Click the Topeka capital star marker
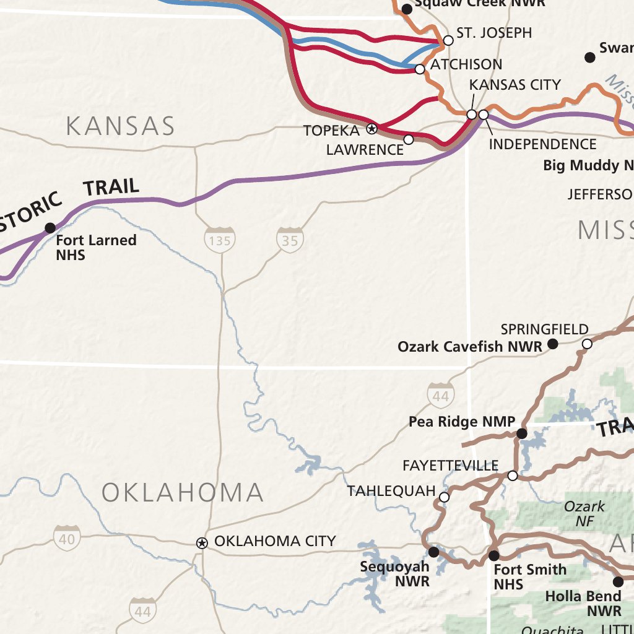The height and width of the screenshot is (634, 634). click(x=372, y=129)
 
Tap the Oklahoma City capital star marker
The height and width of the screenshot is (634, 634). click(x=202, y=543)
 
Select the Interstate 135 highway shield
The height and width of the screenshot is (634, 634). click(x=220, y=240)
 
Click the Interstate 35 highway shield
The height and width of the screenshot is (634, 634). click(x=290, y=240)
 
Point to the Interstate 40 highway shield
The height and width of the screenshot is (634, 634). click(x=66, y=539)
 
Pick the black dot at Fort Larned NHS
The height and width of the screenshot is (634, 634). click(x=50, y=228)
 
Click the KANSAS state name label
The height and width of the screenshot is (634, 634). click(x=121, y=126)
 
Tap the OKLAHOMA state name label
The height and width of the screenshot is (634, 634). click(x=183, y=493)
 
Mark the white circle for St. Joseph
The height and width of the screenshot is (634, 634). click(x=448, y=41)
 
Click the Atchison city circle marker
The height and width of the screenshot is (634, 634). click(x=420, y=69)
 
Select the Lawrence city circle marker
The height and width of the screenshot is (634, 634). click(x=409, y=139)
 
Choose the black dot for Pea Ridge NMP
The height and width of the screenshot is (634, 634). click(x=522, y=433)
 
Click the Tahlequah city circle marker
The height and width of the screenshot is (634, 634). click(x=444, y=497)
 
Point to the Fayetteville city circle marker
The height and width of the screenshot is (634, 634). click(x=513, y=475)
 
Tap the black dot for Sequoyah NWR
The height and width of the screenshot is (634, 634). click(x=433, y=551)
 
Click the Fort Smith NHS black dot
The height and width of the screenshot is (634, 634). click(x=493, y=555)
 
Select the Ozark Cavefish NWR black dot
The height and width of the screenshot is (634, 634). click(x=554, y=344)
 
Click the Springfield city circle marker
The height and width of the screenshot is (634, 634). click(x=587, y=344)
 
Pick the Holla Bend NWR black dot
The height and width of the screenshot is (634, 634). click(x=618, y=581)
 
